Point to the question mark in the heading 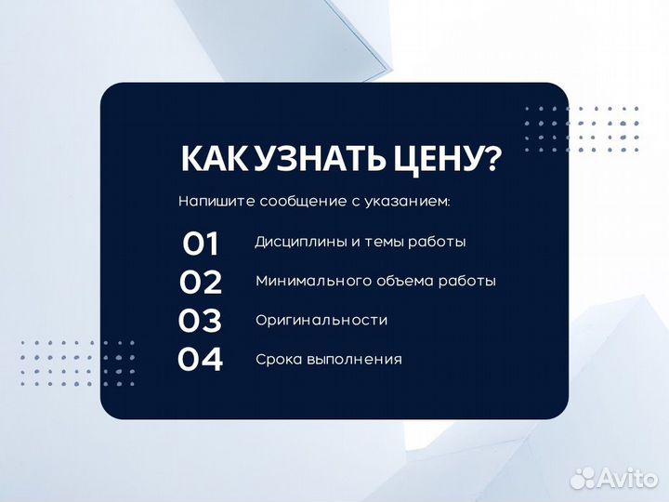(491, 159)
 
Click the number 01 (200, 244)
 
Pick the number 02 (200, 282)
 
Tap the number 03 (200, 321)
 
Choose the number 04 (200, 359)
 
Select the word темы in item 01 (365, 242)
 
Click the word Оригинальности (321, 320)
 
